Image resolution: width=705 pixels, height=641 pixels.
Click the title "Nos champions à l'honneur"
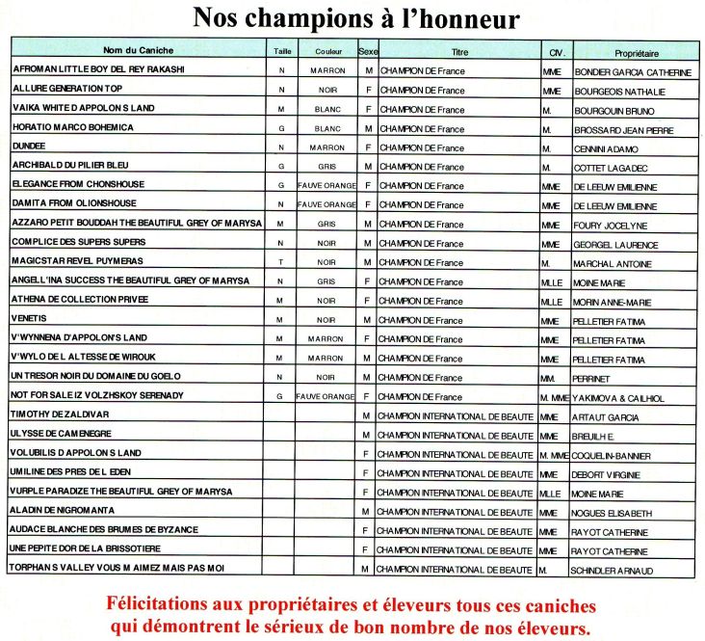[x=356, y=18]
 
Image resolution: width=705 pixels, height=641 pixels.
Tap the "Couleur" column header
[x=327, y=51]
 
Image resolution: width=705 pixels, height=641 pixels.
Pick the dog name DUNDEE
[x=30, y=147]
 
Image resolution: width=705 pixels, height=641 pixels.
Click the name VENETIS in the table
[x=32, y=318]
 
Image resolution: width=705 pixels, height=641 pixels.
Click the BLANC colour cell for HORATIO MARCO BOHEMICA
[x=327, y=128]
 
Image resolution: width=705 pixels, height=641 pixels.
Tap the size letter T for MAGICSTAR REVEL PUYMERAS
[x=280, y=261]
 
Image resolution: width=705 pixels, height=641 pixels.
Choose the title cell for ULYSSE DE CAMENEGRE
[x=456, y=436]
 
